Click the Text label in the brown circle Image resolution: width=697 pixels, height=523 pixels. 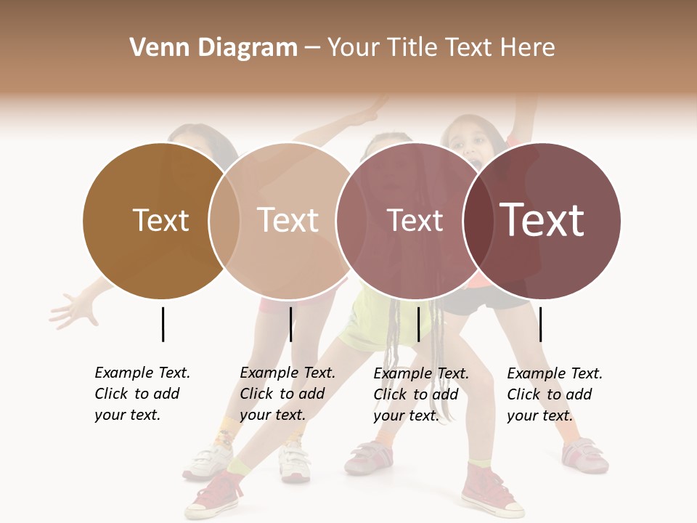coord(160,220)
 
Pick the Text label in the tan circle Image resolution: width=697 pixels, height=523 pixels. coord(288,220)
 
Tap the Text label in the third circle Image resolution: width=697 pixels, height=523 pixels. coord(415,220)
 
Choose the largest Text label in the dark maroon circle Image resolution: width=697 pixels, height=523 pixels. coord(542,220)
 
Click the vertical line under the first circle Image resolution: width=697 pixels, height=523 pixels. coord(163,324)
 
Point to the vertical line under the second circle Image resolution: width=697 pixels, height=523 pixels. coord(290,324)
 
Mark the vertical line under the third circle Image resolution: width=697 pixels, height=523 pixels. coord(418,324)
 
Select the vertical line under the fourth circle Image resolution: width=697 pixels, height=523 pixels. coord(541,324)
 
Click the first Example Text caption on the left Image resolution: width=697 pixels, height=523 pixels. coord(142,393)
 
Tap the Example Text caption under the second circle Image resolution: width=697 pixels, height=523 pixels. coord(287,393)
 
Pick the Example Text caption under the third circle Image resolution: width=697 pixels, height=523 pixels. coord(420,394)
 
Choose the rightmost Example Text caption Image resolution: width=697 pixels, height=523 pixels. coord(554,394)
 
